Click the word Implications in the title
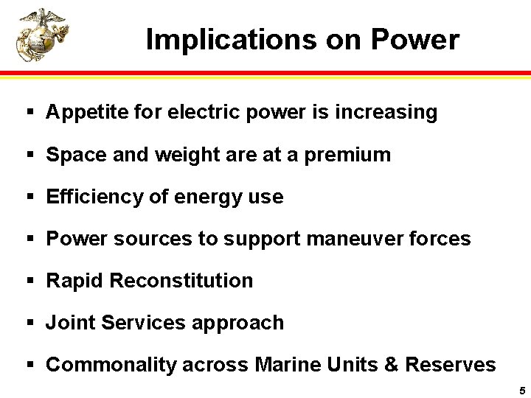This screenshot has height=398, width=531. point(215,39)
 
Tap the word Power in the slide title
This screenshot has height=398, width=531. point(414,39)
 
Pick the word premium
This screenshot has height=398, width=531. point(347,155)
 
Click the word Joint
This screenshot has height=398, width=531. point(70,323)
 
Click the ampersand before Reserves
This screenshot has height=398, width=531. point(391,365)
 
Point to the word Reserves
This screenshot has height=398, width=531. point(450,365)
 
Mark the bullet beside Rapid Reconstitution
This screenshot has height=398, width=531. point(30,281)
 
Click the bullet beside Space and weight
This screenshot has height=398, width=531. point(30,155)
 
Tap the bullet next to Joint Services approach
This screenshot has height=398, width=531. point(30,323)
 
